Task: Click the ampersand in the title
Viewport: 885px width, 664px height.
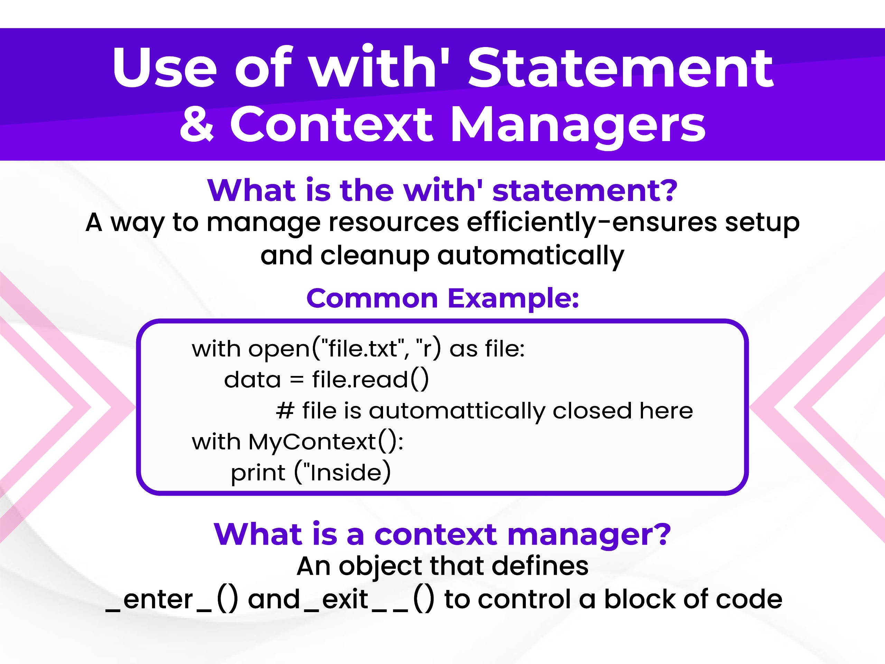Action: click(196, 124)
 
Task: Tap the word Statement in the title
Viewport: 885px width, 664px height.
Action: click(621, 67)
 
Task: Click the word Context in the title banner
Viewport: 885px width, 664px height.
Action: click(332, 124)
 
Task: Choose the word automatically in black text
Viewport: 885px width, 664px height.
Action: click(531, 256)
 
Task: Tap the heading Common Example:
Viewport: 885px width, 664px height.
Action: click(442, 298)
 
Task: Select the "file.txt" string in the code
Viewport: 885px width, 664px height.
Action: click(363, 348)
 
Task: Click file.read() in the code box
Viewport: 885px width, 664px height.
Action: click(370, 379)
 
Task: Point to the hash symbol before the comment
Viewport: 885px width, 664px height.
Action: click(285, 411)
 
